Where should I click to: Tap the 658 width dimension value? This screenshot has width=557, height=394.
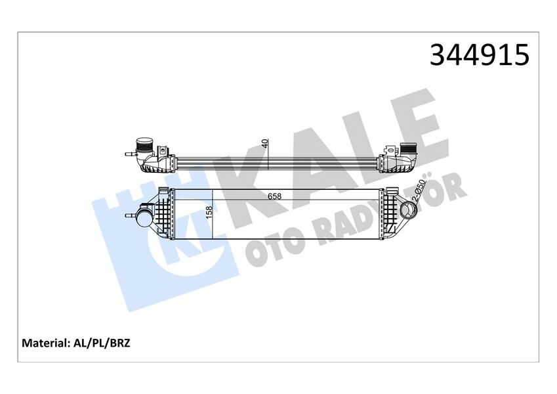point(275,196)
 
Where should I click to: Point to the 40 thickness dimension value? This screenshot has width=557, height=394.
point(264,144)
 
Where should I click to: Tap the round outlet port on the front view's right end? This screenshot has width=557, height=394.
point(409,211)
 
